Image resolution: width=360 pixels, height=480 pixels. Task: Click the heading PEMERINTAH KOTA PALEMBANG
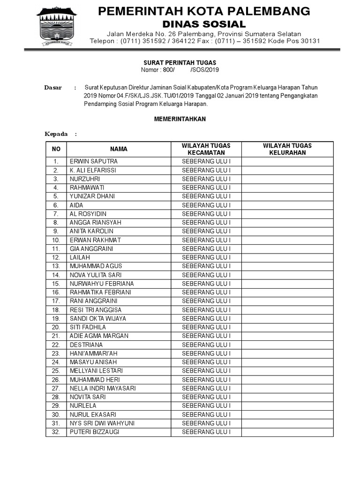tap(204, 11)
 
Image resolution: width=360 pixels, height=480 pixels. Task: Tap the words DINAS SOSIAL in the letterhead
tap(204, 23)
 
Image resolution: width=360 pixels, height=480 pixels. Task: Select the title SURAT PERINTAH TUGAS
tap(180, 62)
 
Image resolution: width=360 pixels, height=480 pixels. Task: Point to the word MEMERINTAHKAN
tap(180, 119)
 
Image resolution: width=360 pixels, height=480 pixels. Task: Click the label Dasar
tap(53, 88)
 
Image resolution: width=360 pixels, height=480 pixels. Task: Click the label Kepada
tap(56, 134)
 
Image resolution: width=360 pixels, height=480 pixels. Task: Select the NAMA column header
tap(119, 149)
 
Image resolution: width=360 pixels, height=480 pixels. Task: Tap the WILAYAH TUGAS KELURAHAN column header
tap(287, 149)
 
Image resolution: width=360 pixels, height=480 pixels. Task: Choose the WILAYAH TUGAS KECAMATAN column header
tap(206, 149)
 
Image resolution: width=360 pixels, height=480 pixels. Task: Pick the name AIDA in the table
tap(76, 205)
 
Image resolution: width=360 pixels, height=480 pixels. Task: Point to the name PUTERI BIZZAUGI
tap(94, 432)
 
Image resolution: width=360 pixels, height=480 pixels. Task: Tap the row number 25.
tap(56, 371)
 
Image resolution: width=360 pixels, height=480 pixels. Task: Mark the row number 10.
tap(56, 240)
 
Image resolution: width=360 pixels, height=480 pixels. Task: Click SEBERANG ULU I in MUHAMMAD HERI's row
tap(206, 380)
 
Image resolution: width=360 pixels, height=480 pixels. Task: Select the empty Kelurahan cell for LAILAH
tap(287, 257)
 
